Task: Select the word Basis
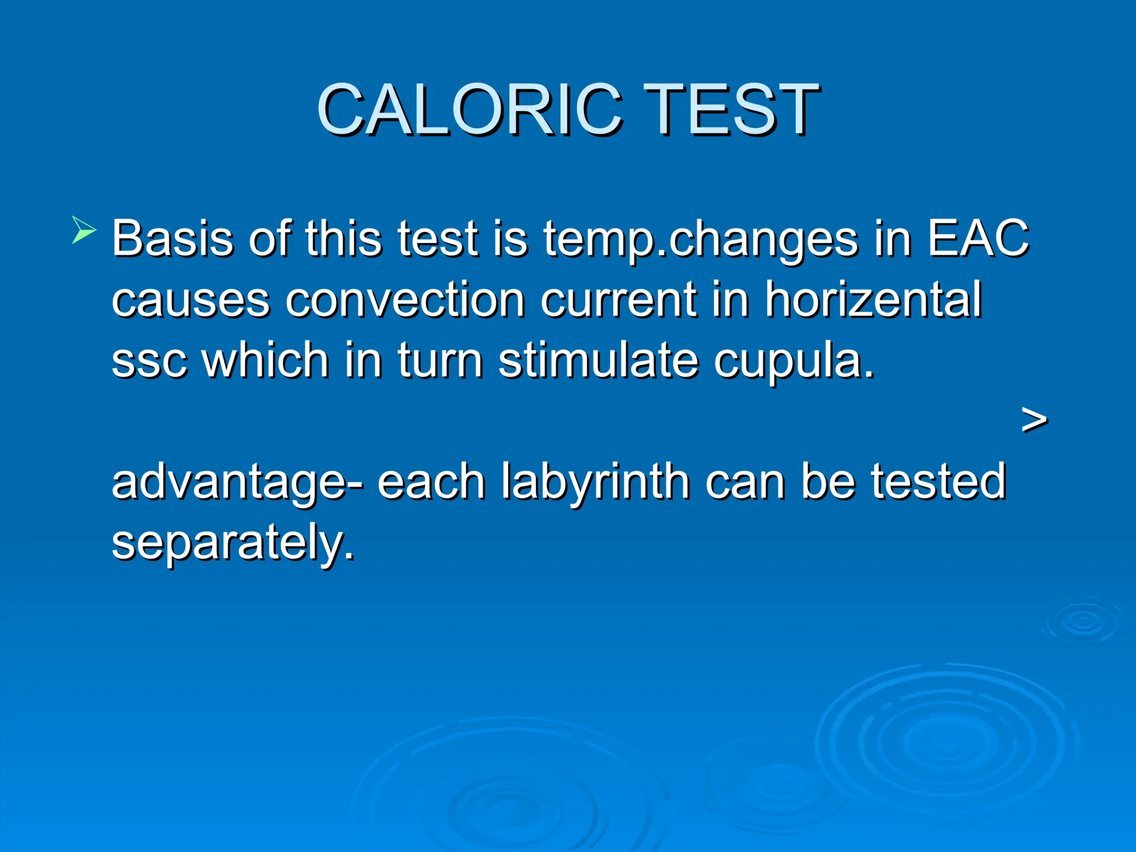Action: tap(172, 239)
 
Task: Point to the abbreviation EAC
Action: tap(978, 239)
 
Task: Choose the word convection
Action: tap(405, 300)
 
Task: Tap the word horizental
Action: tap(874, 300)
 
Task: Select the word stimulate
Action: tap(599, 361)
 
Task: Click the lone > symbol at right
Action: tap(1034, 420)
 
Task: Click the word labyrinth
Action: tap(596, 481)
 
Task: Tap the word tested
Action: tap(937, 480)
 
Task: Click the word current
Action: tap(618, 300)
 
